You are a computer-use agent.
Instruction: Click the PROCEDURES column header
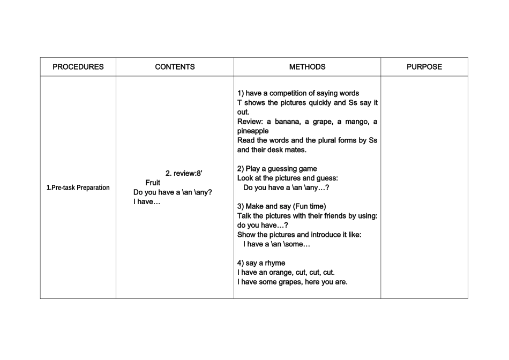point(78,67)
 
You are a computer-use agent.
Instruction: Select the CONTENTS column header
point(175,67)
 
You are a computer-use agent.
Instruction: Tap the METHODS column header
point(307,67)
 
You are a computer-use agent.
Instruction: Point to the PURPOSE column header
point(424,67)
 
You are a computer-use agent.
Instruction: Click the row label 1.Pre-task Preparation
point(78,187)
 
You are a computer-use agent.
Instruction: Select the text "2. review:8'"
point(184,173)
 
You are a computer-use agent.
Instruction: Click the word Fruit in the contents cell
point(153,183)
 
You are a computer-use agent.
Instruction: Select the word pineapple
point(253,131)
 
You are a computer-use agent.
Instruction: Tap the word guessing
point(282,169)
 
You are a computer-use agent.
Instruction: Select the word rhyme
point(274,262)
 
